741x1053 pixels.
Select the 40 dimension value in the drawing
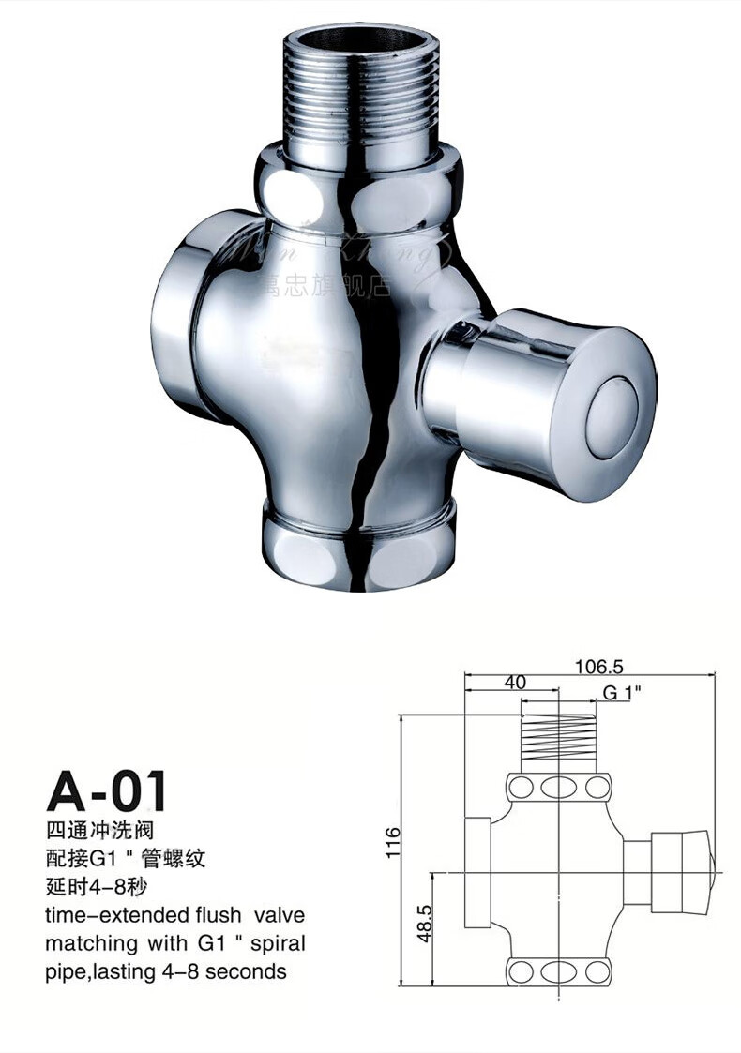(514, 683)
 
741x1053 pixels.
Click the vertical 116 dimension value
(393, 842)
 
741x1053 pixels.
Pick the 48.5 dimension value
(424, 924)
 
